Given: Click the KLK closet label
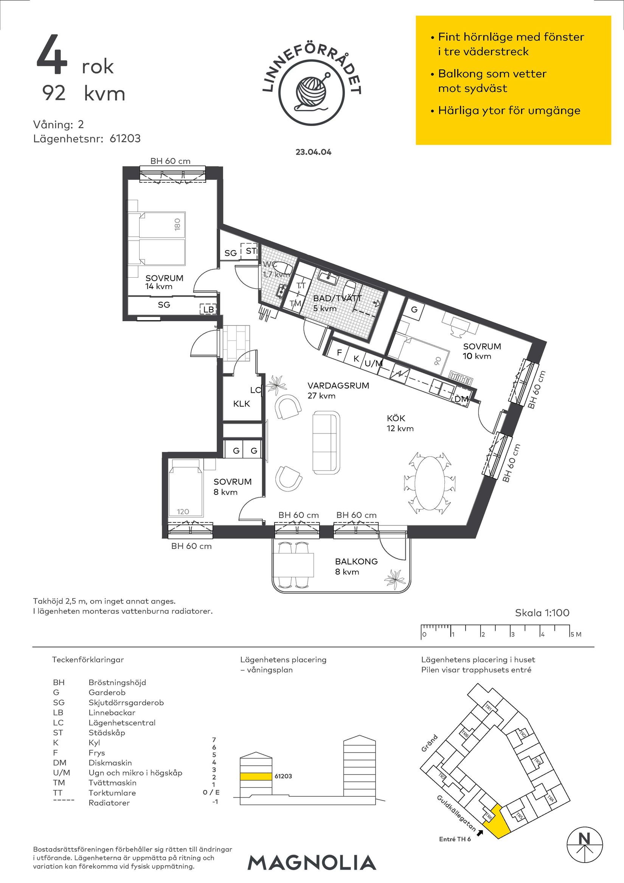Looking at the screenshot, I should point(241,404).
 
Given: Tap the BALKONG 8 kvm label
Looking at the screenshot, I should point(356,566).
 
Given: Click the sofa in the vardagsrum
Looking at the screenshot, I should point(326,442).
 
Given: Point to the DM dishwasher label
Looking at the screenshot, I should point(461,399).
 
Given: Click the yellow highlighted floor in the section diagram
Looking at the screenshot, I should point(256,776).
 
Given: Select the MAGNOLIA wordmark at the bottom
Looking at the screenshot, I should point(312,863).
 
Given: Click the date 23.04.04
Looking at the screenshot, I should point(314,152).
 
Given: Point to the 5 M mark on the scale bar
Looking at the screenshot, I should point(576,634).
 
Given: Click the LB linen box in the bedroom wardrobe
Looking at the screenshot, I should point(208,309).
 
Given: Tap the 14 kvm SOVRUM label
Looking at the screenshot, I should point(164,282).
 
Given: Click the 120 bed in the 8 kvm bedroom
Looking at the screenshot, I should point(185,488).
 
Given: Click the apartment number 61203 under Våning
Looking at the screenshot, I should point(125,138).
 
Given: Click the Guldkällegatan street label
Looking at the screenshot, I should point(456,814).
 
